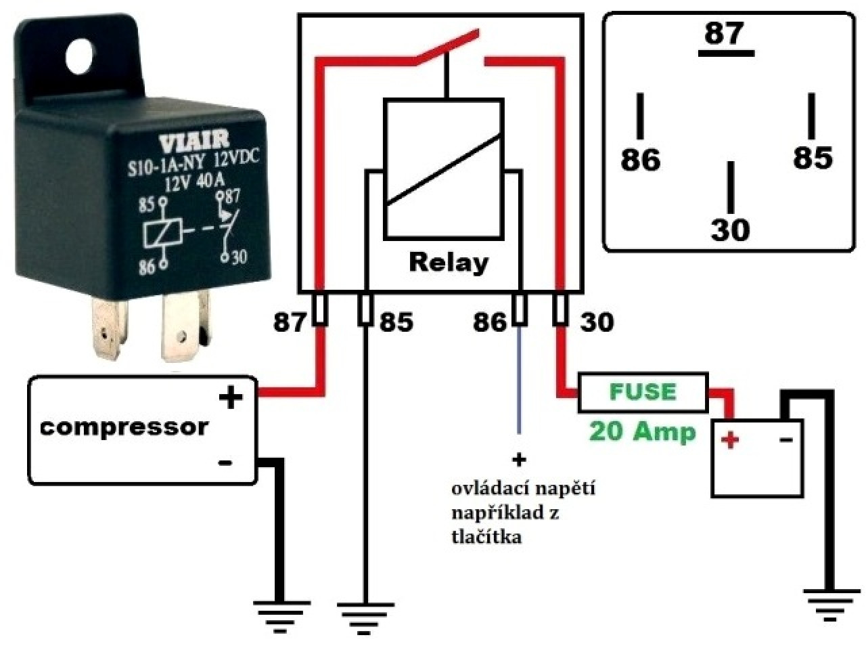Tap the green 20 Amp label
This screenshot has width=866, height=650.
(642, 432)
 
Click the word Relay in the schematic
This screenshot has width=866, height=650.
(449, 263)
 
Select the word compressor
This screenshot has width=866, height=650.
(124, 427)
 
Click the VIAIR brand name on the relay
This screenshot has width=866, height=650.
(194, 142)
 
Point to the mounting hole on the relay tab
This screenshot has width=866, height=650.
(82, 58)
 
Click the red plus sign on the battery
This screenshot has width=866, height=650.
(730, 439)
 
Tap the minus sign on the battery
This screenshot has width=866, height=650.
(786, 439)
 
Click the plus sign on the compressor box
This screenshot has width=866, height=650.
(231, 398)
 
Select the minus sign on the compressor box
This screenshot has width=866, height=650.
(225, 462)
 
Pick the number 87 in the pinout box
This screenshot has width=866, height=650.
(724, 33)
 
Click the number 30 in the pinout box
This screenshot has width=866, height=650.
(730, 230)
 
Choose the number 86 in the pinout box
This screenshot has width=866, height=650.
(640, 160)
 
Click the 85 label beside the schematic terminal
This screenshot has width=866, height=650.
(396, 322)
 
